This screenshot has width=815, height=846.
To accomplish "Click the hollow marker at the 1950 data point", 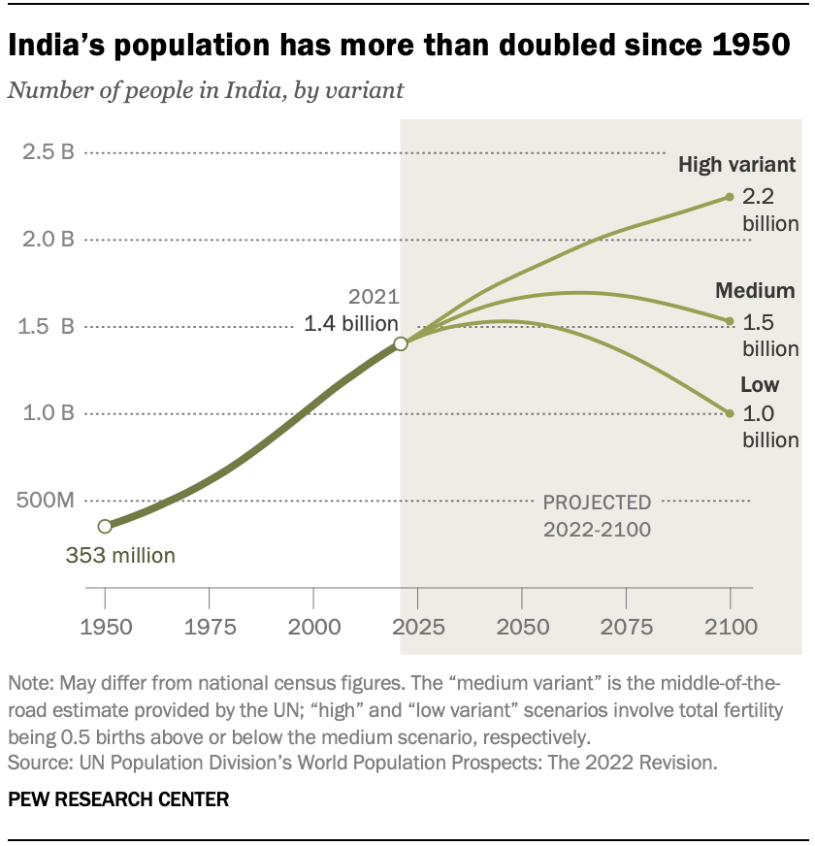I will coord(105,526).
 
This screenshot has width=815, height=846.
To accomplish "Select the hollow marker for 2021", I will coord(400,343).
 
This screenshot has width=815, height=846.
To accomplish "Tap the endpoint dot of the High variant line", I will coord(730,197).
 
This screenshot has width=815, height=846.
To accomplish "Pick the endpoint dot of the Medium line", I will coord(730,321).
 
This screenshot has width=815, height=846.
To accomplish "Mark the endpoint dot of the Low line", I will coord(730,413).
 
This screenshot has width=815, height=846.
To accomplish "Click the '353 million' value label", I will coord(120,556).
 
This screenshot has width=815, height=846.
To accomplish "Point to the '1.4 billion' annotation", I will coord(351,325).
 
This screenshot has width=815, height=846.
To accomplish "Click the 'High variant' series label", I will coord(737,164).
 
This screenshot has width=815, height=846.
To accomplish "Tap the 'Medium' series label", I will coord(755,290).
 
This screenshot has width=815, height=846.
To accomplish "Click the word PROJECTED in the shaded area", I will coord(597,503).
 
